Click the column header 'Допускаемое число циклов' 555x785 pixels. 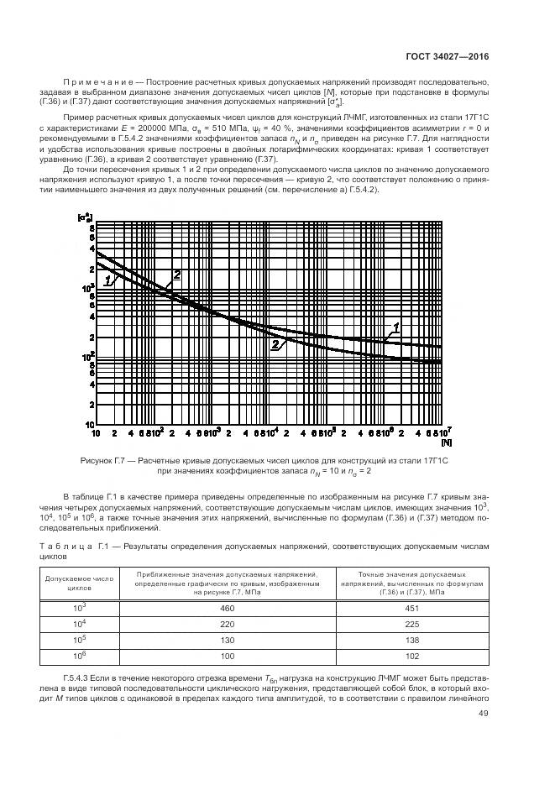[x=73, y=583]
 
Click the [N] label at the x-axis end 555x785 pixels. [x=445, y=441]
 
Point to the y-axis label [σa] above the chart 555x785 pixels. [x=84, y=218]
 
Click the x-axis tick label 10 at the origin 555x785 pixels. [x=97, y=432]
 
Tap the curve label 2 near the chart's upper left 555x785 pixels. [x=177, y=275]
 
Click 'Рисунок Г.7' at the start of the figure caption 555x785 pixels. [x=102, y=460]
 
